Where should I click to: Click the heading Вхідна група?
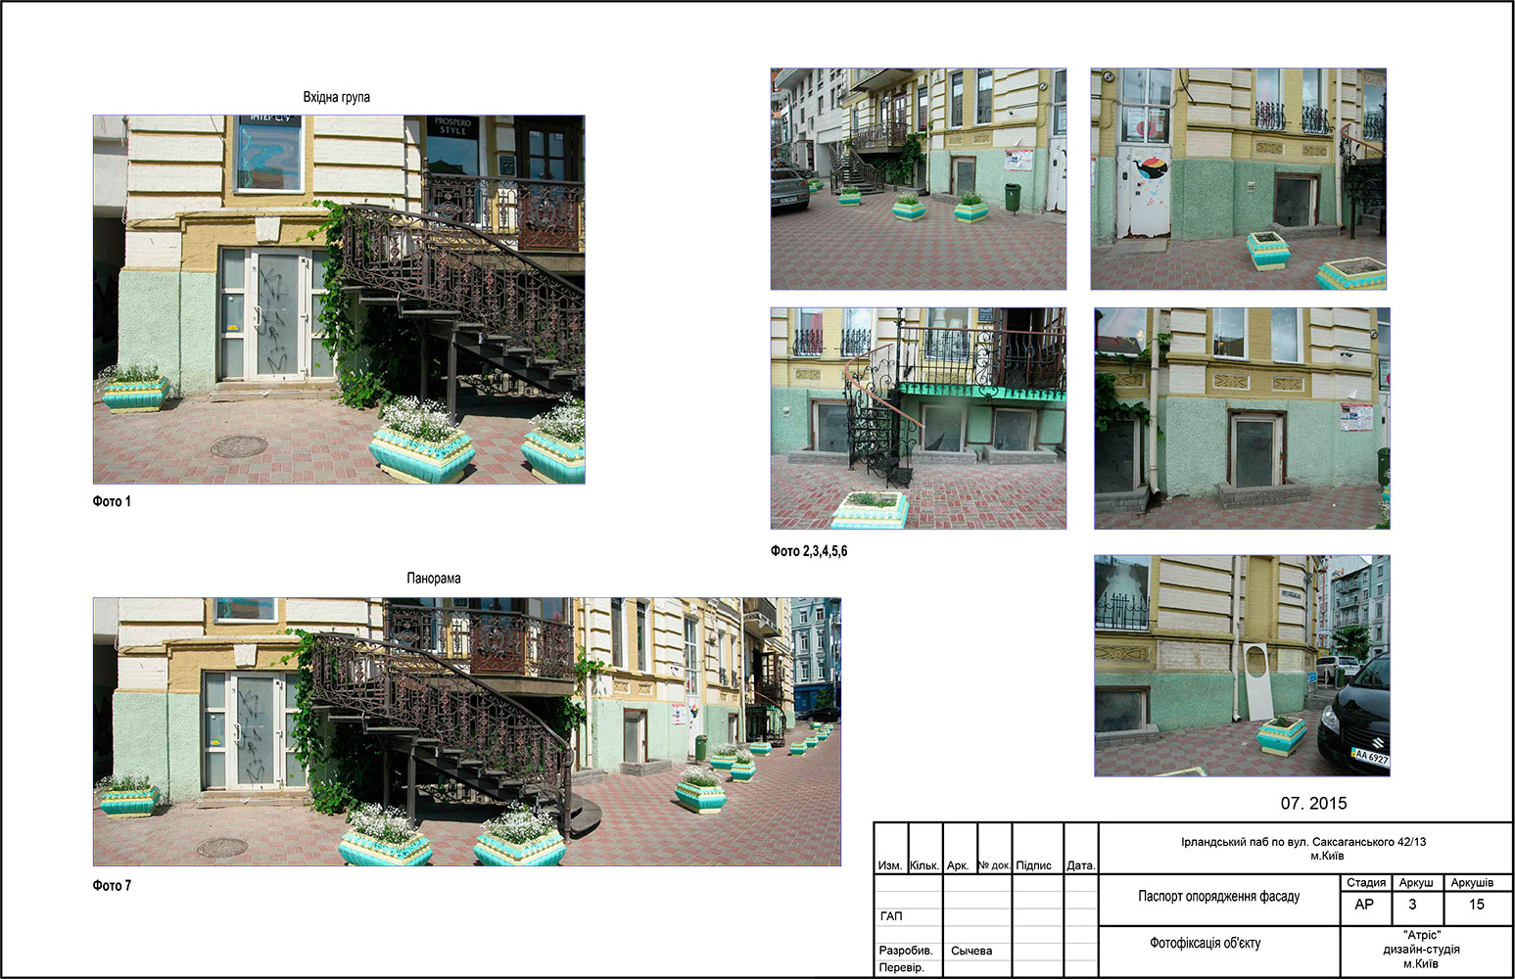[x=336, y=97]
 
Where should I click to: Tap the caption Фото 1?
[x=112, y=501]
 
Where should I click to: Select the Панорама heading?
[x=434, y=578]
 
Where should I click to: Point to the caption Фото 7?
[x=112, y=886]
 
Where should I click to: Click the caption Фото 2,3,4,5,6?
[x=809, y=551]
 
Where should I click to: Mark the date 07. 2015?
[x=1313, y=803]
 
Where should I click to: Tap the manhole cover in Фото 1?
[x=239, y=446]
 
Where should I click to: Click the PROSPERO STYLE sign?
[x=452, y=125]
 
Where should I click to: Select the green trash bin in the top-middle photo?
[x=1013, y=198]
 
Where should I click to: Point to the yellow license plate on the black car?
[x=1370, y=757]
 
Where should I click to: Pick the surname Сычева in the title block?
[x=971, y=951]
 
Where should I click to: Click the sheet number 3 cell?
[x=1412, y=905]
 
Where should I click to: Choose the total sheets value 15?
[x=1477, y=905]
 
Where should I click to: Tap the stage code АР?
[x=1364, y=905]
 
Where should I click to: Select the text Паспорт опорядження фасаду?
[x=1219, y=897]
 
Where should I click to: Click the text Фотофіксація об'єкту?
[x=1206, y=943]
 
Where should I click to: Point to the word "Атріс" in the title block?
[x=1422, y=935]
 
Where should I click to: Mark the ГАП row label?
[x=891, y=916]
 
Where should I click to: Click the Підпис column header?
[x=1033, y=865]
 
